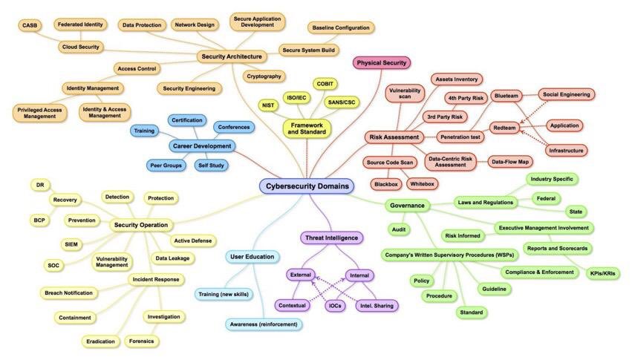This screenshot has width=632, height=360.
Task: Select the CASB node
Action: (30, 25)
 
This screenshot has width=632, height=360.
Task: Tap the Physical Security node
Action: (381, 63)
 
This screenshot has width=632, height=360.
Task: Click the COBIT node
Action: (325, 84)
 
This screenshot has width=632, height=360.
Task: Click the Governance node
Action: (407, 206)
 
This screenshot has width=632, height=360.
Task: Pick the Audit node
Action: (398, 230)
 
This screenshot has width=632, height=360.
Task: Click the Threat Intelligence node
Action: (331, 238)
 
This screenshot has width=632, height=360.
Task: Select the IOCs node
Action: (336, 305)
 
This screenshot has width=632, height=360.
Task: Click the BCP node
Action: (39, 220)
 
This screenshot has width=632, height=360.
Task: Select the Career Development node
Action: (202, 146)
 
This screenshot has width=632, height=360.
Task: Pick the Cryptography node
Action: (264, 76)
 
